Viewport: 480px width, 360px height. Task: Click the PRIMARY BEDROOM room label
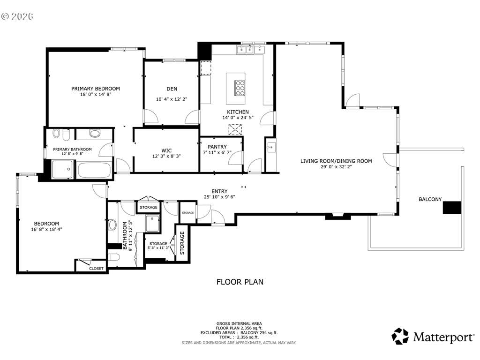coord(96,89)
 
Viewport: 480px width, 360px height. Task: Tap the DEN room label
coord(172,89)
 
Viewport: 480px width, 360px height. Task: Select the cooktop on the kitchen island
coord(240,88)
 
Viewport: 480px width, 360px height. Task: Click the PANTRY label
coord(217,147)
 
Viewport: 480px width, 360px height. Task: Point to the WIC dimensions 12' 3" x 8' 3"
coord(166,156)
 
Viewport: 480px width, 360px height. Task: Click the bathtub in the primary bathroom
coord(94,170)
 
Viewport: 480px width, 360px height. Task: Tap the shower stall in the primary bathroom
coord(63,169)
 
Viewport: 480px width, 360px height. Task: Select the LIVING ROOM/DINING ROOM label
coord(336,161)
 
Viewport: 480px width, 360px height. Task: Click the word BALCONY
coord(430,199)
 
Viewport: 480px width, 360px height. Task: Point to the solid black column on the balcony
coord(452,208)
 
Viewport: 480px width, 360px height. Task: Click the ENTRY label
coord(219,191)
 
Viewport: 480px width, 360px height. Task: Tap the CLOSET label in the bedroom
coord(96,269)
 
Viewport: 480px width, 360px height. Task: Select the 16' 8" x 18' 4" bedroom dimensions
coord(46,229)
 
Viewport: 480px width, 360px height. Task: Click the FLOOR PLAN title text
coord(240,282)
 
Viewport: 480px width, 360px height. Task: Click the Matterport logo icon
coord(400,336)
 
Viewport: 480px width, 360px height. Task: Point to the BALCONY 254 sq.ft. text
coord(259,333)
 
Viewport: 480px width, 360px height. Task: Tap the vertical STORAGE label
coord(182,243)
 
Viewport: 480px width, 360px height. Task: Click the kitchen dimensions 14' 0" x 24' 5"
coord(238,118)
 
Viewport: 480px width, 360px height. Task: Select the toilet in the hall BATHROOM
coord(113,256)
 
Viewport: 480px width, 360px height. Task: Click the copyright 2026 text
coord(17,16)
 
